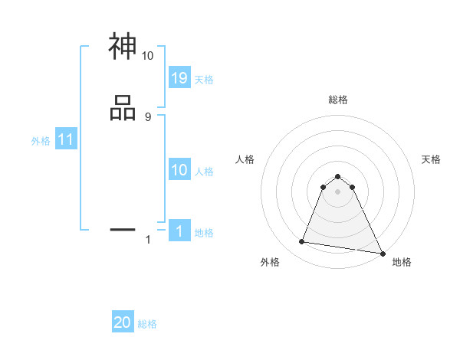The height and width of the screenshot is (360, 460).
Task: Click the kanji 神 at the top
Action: [x=123, y=47]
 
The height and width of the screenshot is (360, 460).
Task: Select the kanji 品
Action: [x=123, y=108]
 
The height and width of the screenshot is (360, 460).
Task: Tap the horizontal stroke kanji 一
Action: [x=123, y=228]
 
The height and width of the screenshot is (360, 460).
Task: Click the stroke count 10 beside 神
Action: [x=147, y=56]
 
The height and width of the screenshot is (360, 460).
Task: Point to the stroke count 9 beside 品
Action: [x=147, y=116]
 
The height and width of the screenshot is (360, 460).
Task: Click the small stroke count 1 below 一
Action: [x=148, y=240]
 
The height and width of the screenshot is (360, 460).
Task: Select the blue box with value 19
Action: [x=179, y=77]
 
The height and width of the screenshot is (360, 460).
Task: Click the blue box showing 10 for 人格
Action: [x=179, y=170]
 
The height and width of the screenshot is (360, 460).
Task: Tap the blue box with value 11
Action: [x=65, y=140]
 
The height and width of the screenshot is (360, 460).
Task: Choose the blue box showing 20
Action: [x=123, y=322]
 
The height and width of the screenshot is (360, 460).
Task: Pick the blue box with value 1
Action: [x=179, y=231]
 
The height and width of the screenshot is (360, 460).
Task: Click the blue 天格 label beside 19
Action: [x=204, y=80]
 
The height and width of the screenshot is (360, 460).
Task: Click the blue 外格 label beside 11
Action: [x=40, y=141]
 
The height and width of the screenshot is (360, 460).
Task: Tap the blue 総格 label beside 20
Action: [x=147, y=325]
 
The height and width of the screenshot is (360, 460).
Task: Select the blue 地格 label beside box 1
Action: [x=204, y=233]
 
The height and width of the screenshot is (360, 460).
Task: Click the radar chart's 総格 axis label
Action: [x=337, y=100]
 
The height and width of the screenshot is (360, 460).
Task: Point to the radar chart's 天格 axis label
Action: [x=431, y=159]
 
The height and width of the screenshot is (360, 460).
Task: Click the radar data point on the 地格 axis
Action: [x=382, y=253]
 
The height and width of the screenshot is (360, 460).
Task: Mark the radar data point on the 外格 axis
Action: [x=302, y=242]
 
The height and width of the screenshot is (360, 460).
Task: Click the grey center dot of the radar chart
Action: [x=337, y=191]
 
